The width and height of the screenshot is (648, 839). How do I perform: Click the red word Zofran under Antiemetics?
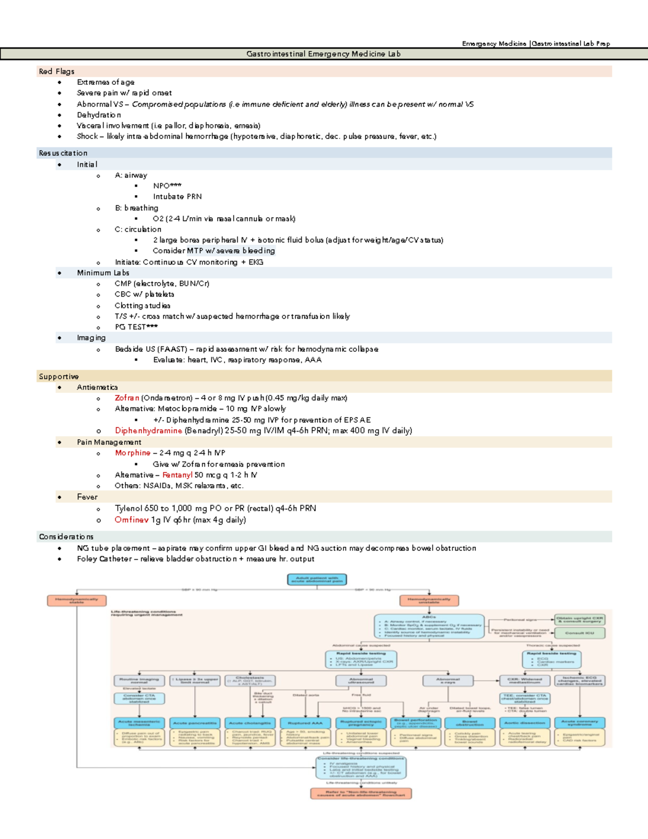[x=127, y=398]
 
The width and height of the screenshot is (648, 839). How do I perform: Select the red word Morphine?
[x=132, y=453]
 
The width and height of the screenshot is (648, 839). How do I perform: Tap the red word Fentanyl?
[x=177, y=475]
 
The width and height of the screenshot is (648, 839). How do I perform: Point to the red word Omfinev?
[x=131, y=520]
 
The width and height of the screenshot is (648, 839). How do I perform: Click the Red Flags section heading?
[x=57, y=71]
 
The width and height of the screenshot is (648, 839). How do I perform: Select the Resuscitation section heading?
[x=63, y=153]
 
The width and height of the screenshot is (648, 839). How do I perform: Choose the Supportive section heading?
[x=59, y=377]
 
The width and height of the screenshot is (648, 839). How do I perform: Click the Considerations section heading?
[x=66, y=536]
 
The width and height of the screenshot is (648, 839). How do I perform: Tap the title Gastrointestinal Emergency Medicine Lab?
[x=323, y=54]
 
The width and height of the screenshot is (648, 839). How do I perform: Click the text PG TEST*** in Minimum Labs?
[x=136, y=327]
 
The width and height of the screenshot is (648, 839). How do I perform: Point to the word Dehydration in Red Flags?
[x=99, y=115]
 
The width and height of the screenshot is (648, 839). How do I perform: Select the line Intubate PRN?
[x=177, y=197]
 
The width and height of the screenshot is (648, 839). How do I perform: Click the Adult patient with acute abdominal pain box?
[x=317, y=580]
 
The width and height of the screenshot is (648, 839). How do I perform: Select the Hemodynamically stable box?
[x=77, y=600]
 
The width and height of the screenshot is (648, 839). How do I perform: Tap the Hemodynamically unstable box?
[x=429, y=600]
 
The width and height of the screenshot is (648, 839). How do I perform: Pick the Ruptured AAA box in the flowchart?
[x=305, y=723]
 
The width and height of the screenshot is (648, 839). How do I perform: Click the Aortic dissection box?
[x=524, y=723]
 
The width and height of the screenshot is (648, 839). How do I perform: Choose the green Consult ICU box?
[x=579, y=633]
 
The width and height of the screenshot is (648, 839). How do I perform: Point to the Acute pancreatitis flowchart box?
[x=194, y=723]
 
